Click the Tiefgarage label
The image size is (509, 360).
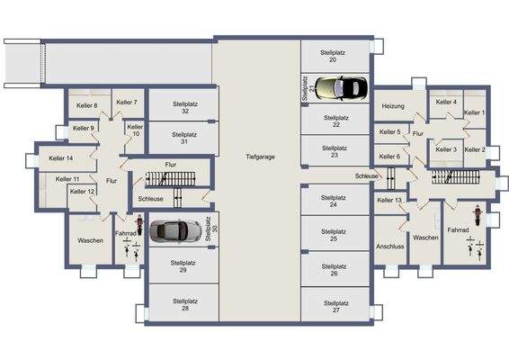259,157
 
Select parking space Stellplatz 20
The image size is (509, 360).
333,57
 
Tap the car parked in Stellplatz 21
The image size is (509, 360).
338,88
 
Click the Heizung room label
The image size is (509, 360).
393,106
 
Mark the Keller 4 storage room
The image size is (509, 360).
446,103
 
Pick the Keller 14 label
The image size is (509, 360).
61,158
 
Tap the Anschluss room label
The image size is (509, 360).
389,246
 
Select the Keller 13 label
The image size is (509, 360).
389,200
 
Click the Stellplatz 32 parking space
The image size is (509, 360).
183,107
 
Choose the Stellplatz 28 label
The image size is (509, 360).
183,306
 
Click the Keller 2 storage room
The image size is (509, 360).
474,149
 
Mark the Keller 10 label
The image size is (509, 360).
135,130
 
